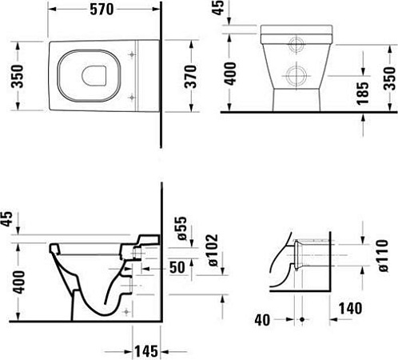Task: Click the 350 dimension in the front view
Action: click(388, 78)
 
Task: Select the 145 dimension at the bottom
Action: click(145, 350)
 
